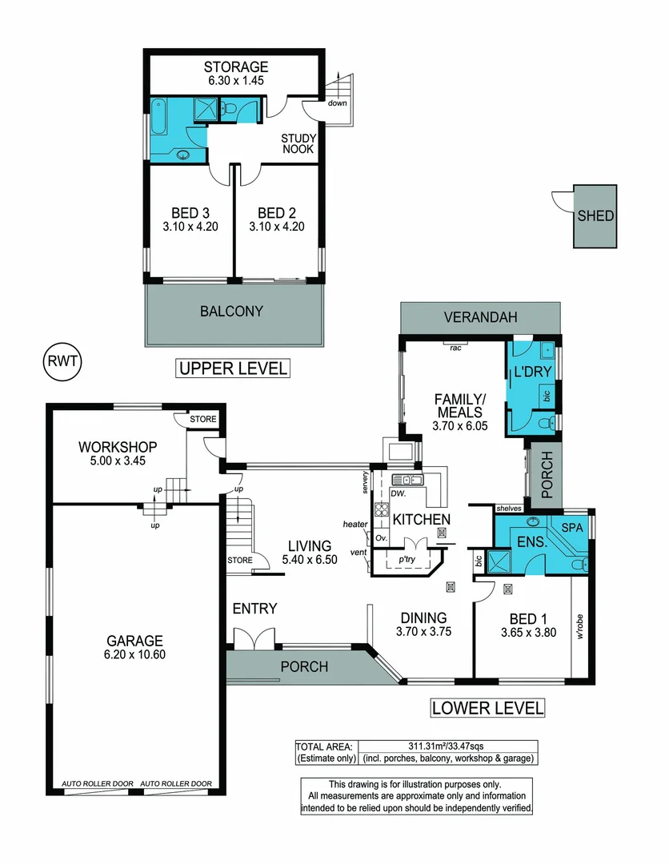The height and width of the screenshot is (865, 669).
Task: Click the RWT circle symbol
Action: (x=62, y=360)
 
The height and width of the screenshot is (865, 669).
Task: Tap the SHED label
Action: (x=596, y=215)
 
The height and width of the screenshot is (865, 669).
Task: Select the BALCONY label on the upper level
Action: (x=232, y=311)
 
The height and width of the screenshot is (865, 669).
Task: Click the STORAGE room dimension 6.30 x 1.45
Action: (x=234, y=80)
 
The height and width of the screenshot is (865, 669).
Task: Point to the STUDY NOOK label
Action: (x=297, y=143)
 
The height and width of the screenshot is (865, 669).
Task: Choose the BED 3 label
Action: (x=190, y=213)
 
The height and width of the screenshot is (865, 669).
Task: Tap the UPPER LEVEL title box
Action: (x=232, y=368)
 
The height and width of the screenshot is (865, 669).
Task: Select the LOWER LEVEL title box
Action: (x=487, y=707)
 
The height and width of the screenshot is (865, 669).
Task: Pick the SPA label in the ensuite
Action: (x=571, y=528)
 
